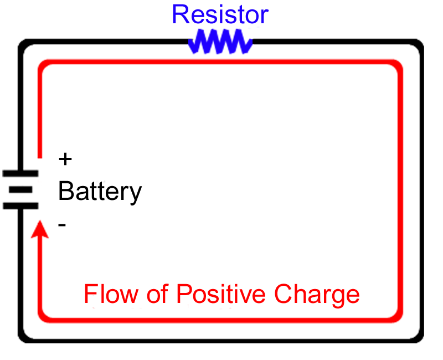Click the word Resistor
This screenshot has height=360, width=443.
coord(220,14)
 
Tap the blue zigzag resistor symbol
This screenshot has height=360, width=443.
coord(220,42)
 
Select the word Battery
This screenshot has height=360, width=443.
coord(100,191)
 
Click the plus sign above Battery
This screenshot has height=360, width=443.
coord(65,159)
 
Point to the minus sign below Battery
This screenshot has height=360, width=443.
coord(63,224)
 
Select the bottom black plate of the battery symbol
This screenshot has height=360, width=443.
coord(20,205)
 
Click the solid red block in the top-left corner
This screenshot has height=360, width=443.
coord(83,83)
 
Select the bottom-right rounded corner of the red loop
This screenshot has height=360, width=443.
coord(394,316)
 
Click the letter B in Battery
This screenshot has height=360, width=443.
coord(66,191)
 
